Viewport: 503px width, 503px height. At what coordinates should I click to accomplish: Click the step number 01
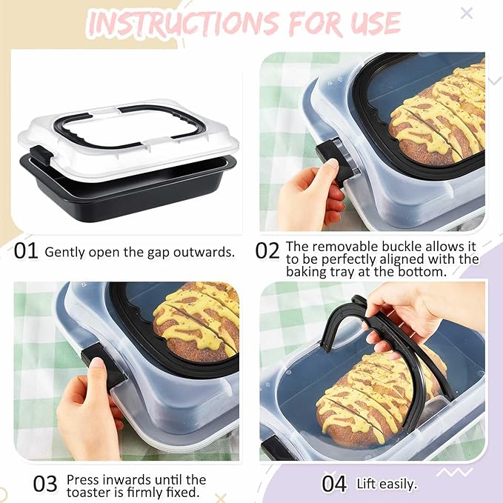(26, 250)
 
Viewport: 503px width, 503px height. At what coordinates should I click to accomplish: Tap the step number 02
(267, 250)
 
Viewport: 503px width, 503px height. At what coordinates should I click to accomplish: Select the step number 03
(45, 484)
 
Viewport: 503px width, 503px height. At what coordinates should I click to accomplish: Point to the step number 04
(334, 484)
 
